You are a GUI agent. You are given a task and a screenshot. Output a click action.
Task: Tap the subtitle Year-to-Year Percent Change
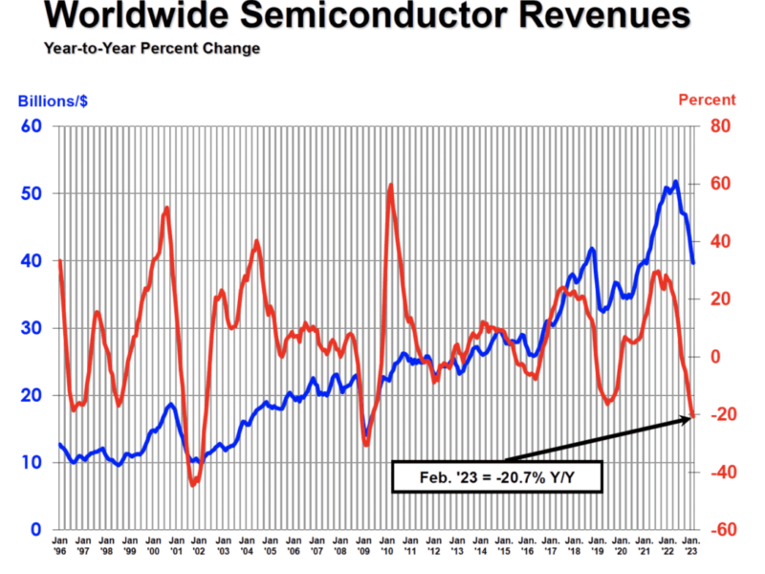click(x=151, y=48)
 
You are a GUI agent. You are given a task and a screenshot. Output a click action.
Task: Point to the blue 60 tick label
click(x=31, y=126)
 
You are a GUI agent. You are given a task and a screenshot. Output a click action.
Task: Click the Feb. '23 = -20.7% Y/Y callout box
click(x=496, y=475)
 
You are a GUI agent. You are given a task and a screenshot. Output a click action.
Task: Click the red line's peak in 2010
click(x=390, y=186)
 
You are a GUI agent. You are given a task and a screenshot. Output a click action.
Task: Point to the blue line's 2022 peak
click(x=676, y=182)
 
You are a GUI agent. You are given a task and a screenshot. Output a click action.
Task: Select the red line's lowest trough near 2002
click(x=192, y=485)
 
